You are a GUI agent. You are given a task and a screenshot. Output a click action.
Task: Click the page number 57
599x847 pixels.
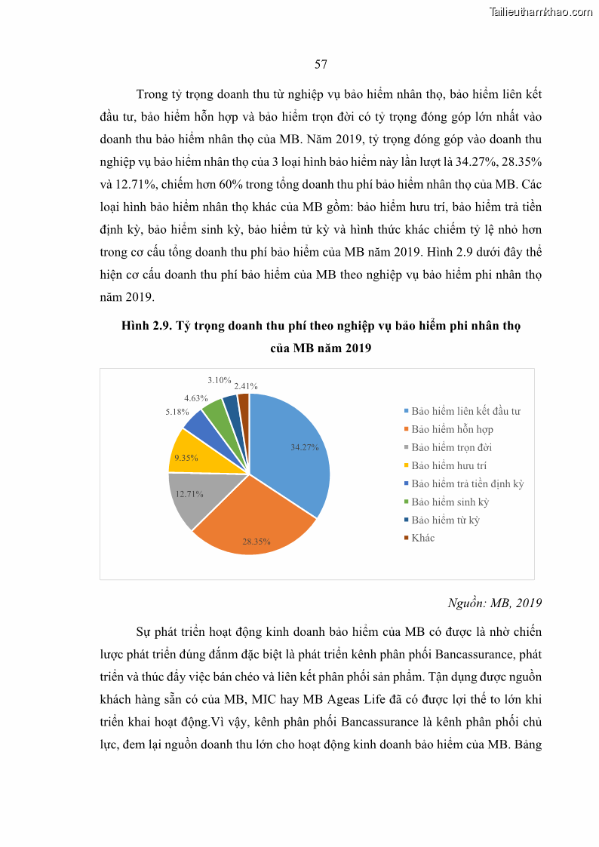tap(321, 65)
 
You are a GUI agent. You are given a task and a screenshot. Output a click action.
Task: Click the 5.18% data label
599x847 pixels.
tap(177, 413)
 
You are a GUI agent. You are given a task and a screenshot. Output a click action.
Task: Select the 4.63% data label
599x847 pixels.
tap(195, 397)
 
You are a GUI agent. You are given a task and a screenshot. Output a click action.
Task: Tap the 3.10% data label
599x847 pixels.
tap(220, 380)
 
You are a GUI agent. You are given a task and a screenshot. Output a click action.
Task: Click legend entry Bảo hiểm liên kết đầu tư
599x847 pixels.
tap(465, 411)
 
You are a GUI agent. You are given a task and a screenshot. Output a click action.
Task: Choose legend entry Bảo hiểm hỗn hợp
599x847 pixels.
tap(452, 429)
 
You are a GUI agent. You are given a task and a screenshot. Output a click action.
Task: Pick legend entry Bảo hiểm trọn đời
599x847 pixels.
tap(451, 447)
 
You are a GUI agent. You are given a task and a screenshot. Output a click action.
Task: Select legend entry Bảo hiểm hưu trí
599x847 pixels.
tap(449, 465)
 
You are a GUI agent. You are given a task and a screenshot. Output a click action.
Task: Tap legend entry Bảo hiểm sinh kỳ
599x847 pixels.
tap(450, 502)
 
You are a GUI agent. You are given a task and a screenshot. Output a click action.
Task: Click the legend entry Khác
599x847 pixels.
tap(422, 538)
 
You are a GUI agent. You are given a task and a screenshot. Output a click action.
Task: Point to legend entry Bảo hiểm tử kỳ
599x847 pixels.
tap(445, 520)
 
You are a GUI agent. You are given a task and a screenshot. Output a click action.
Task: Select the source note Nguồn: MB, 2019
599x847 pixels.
tap(494, 603)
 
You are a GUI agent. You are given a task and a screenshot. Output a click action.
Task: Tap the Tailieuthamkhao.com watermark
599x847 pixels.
tap(541, 11)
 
